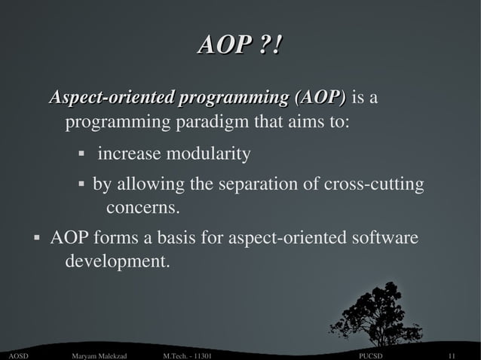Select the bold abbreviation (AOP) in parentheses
click(320, 98)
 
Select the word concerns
click(143, 207)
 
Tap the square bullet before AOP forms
click(35, 239)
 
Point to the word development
click(117, 262)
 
